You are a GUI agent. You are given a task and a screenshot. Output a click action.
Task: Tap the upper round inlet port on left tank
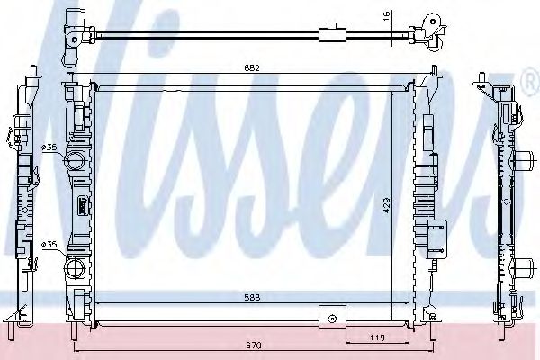click(76, 163)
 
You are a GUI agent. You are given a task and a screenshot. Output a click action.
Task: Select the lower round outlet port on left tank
click(76, 266)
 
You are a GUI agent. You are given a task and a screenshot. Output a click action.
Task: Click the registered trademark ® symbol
click(528, 84)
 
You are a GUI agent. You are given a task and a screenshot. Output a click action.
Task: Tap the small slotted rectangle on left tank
click(81, 204)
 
